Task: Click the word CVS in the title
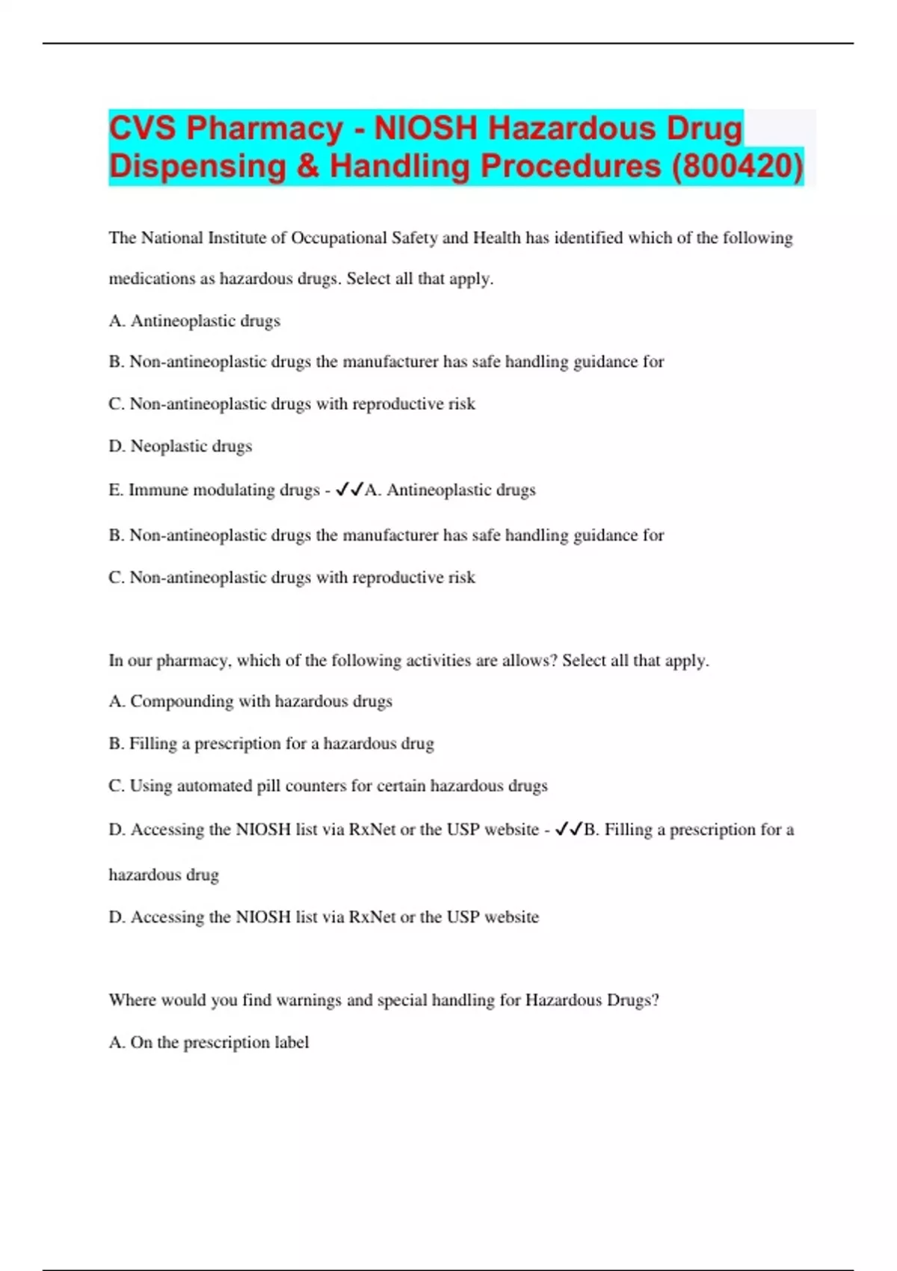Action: pos(143,129)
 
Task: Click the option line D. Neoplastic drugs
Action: pos(180,446)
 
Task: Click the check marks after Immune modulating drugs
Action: pos(349,490)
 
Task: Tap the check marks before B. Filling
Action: pos(568,829)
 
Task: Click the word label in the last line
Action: pos(292,1042)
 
